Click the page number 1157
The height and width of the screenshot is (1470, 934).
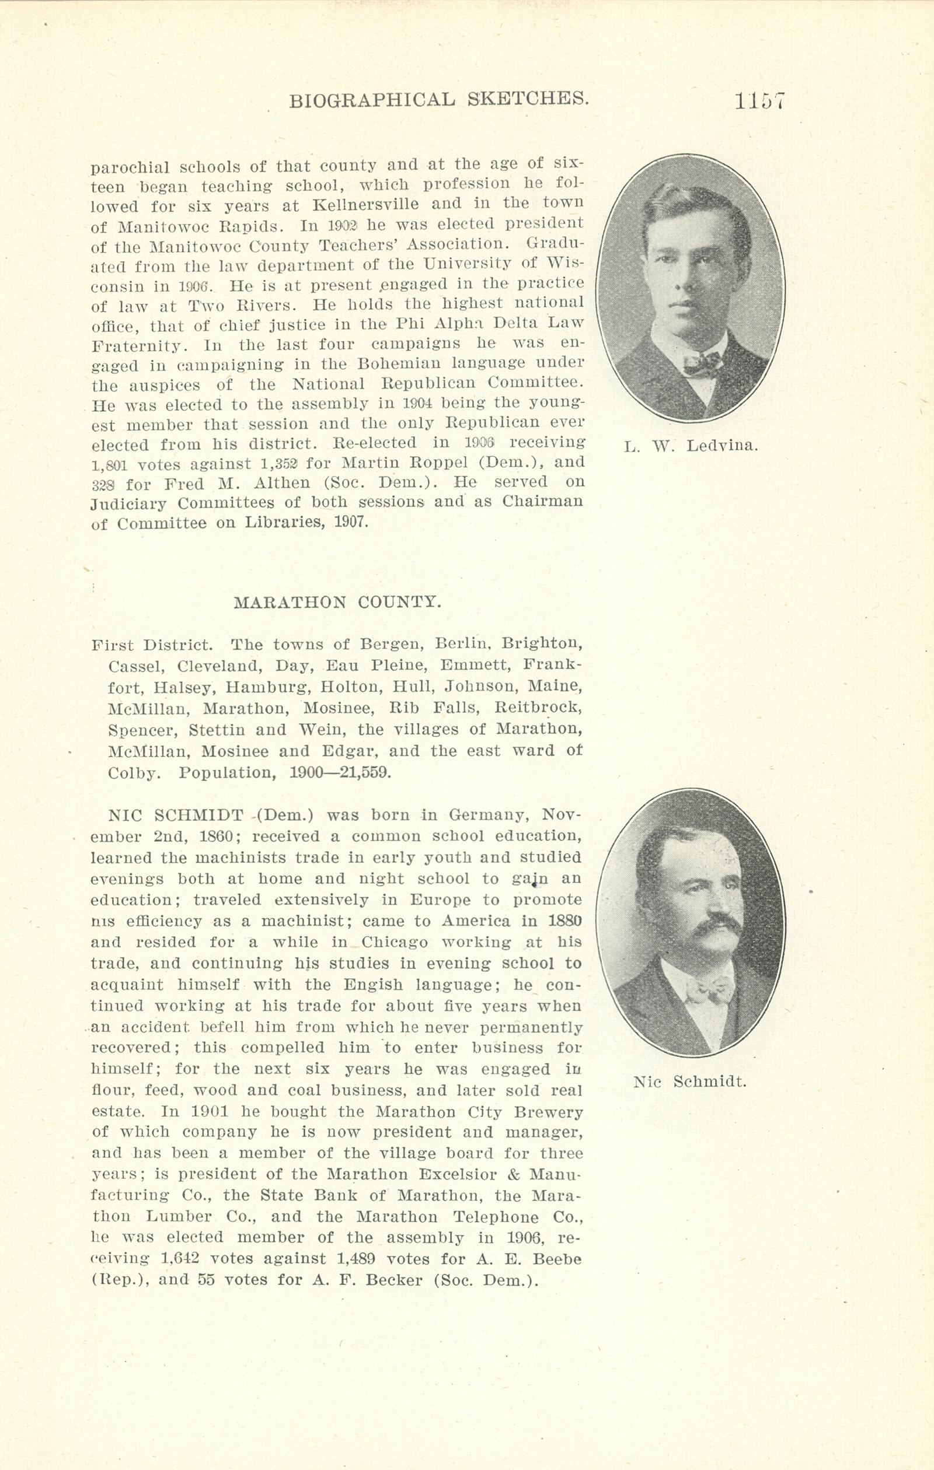pyautogui.click(x=759, y=101)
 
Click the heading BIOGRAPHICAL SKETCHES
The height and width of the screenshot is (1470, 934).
pyautogui.click(x=438, y=99)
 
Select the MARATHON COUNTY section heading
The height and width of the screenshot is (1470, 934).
pyautogui.click(x=337, y=602)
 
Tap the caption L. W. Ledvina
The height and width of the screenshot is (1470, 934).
pyautogui.click(x=691, y=446)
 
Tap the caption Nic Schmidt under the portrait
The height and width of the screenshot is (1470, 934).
pyautogui.click(x=690, y=1083)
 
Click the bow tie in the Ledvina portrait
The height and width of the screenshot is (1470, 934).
pyautogui.click(x=702, y=365)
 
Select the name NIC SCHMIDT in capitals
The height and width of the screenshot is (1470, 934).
pyautogui.click(x=177, y=815)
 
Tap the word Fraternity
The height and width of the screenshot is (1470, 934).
pyautogui.click(x=136, y=345)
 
